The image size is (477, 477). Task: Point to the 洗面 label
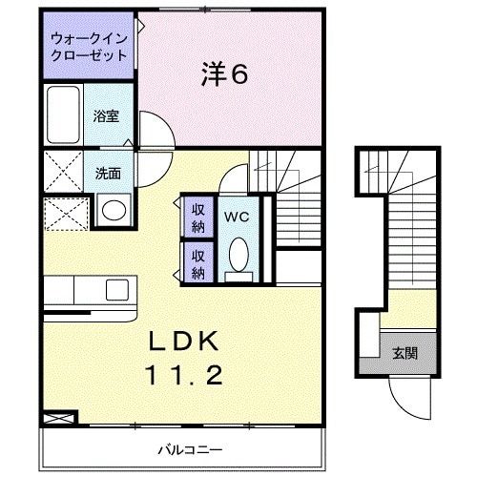(108, 175)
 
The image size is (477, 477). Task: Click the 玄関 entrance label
(404, 353)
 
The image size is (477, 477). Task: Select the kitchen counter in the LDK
(91, 288)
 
